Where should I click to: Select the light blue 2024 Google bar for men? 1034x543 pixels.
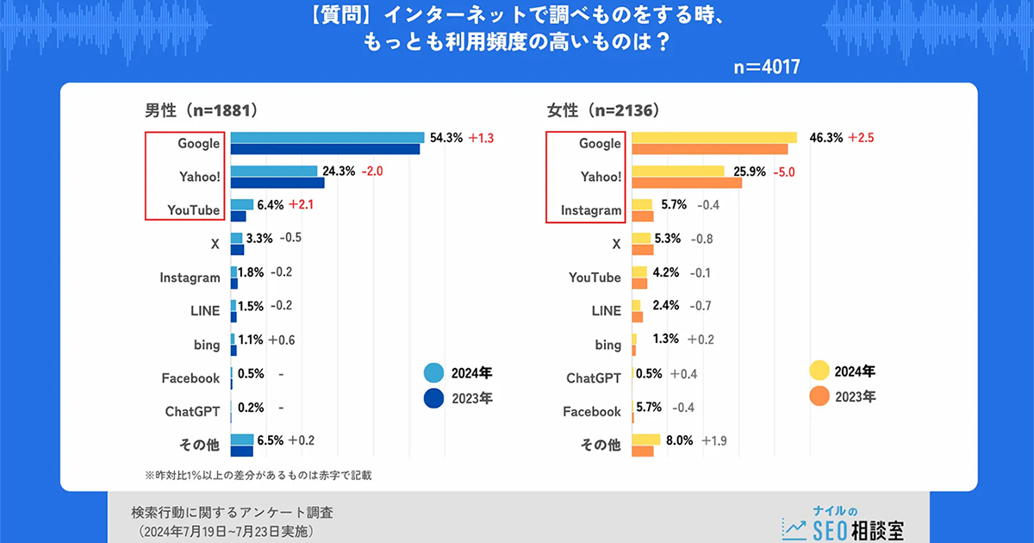(327, 137)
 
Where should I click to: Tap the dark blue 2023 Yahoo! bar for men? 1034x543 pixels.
(277, 183)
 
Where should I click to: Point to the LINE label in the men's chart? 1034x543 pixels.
(206, 311)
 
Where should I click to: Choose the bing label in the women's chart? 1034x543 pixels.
(607, 344)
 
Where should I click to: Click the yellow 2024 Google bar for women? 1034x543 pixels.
(714, 137)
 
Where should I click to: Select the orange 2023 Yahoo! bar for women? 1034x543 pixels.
(687, 183)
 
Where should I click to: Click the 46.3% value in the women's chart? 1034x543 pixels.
(826, 137)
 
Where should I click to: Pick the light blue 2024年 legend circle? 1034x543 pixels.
(434, 373)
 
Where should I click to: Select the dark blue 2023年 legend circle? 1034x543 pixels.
(434, 399)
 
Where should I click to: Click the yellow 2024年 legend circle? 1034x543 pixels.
(819, 371)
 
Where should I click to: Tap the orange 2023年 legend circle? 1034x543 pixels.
(819, 396)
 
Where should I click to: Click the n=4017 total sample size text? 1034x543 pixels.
(766, 67)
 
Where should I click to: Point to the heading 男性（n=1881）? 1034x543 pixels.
(202, 110)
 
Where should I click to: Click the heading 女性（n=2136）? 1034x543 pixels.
(603, 110)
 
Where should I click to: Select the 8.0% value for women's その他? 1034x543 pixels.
(678, 440)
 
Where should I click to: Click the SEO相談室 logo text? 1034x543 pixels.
(857, 527)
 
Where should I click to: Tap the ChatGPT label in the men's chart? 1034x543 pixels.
(193, 411)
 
